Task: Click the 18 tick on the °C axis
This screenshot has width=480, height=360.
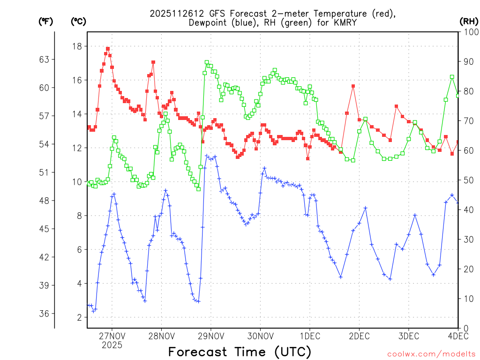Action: [76, 46]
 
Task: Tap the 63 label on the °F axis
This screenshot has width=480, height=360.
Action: [45, 60]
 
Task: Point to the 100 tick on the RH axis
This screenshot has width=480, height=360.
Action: [469, 31]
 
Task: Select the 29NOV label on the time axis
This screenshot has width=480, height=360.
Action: [210, 336]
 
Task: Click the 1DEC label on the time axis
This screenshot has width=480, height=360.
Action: [309, 336]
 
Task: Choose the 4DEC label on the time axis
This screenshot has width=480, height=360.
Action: [458, 336]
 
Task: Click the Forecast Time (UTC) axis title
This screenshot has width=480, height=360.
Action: [240, 352]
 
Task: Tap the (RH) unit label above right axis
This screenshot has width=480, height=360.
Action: [468, 21]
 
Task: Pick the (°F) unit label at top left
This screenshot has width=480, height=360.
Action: [45, 21]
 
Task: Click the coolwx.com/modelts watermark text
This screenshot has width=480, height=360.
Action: [431, 354]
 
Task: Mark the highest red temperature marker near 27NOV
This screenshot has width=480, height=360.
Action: [108, 48]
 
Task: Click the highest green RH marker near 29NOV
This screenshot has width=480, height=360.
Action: [207, 62]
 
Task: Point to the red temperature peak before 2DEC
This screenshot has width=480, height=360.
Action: [353, 86]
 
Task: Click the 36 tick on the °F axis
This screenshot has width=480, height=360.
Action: [45, 314]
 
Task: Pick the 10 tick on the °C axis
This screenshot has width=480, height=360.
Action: [76, 181]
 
